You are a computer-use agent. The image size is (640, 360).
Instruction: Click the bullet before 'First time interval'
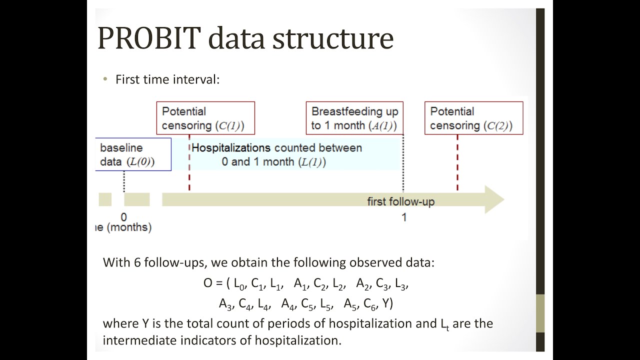click(105, 79)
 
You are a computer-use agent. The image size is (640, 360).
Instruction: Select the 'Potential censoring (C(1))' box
click(205, 118)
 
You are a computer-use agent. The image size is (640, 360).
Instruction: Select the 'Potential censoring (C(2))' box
click(473, 118)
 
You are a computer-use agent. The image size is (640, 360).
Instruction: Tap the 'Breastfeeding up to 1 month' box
click(354, 118)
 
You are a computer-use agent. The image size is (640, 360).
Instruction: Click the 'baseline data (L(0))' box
click(132, 154)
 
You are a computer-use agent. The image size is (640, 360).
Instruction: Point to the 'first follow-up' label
click(400, 201)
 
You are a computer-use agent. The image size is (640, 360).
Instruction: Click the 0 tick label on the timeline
click(123, 217)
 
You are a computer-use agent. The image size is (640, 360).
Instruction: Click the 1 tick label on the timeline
click(404, 217)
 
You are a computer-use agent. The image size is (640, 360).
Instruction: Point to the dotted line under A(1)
click(403, 177)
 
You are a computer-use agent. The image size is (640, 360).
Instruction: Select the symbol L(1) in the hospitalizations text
click(312, 162)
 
